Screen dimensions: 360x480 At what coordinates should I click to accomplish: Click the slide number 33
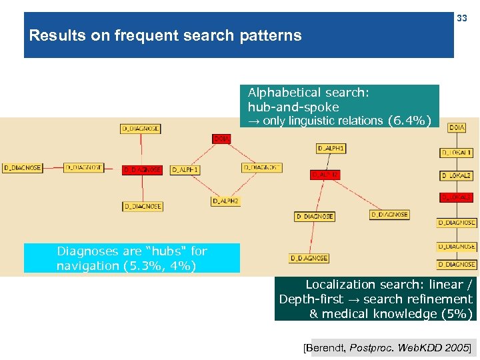(462, 19)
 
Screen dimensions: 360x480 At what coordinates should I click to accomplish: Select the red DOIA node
(221, 139)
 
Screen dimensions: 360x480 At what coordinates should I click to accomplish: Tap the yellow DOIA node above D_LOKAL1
(457, 127)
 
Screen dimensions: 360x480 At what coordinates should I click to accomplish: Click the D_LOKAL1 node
(457, 153)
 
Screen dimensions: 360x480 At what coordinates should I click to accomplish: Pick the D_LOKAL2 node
(457, 175)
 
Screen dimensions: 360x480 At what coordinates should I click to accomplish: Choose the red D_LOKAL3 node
(457, 197)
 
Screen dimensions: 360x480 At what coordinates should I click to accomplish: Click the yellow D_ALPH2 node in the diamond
(225, 201)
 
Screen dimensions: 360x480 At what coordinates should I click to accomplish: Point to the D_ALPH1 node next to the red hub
(185, 170)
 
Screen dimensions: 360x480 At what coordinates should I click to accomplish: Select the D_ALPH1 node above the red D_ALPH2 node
(331, 148)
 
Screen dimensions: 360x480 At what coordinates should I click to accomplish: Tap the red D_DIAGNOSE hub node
(142, 170)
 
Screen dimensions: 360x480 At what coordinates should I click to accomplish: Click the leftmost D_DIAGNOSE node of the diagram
(22, 168)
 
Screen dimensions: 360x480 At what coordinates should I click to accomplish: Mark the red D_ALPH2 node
(325, 175)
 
